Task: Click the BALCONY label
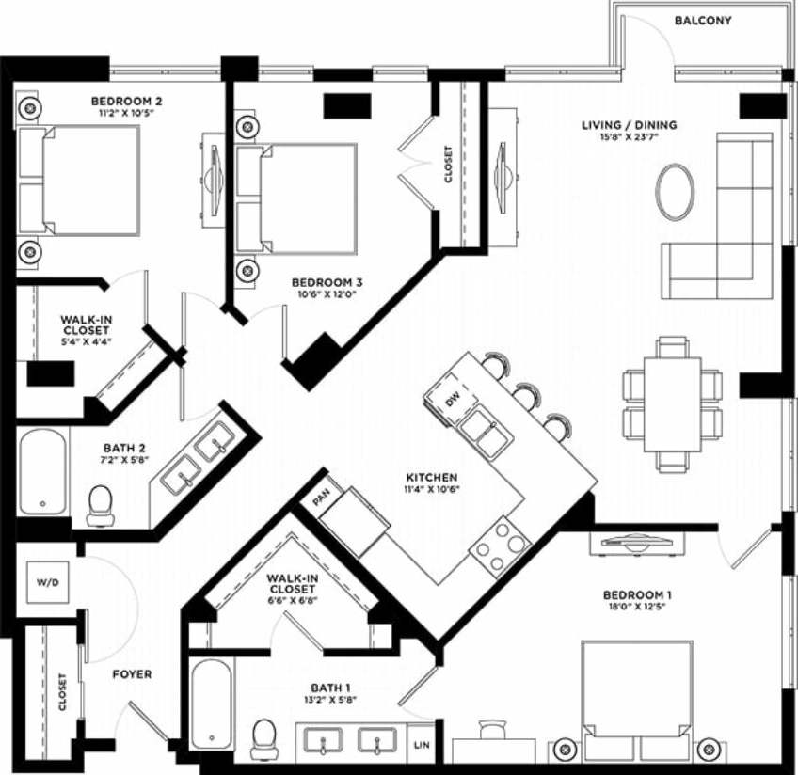[703, 21]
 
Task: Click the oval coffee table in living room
[675, 192]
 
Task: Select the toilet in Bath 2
[100, 505]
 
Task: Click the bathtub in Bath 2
[43, 471]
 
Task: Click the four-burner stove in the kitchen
[499, 546]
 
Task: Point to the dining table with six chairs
[672, 404]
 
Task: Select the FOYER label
[132, 674]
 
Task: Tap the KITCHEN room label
[432, 478]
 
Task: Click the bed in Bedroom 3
[297, 198]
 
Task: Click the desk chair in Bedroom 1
[491, 731]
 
